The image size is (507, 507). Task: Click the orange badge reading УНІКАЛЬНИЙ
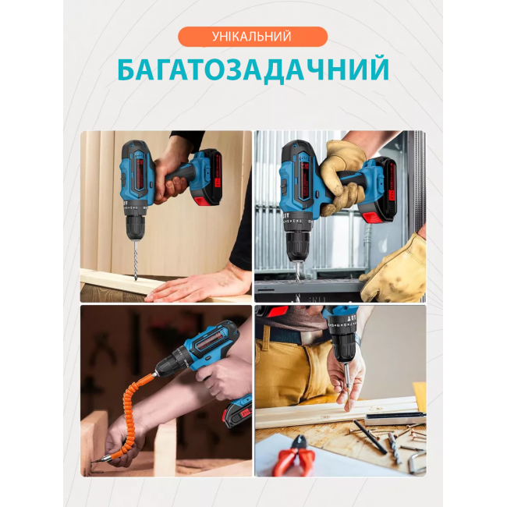click(x=253, y=37)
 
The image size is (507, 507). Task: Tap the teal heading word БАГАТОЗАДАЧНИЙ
click(x=253, y=69)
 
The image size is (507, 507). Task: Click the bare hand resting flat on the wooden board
click(x=198, y=284)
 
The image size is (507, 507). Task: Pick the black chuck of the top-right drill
click(x=297, y=247)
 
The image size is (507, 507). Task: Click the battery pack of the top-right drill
click(x=378, y=190)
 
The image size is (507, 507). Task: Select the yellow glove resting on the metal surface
click(x=396, y=269)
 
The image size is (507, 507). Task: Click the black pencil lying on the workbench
click(x=370, y=436)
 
